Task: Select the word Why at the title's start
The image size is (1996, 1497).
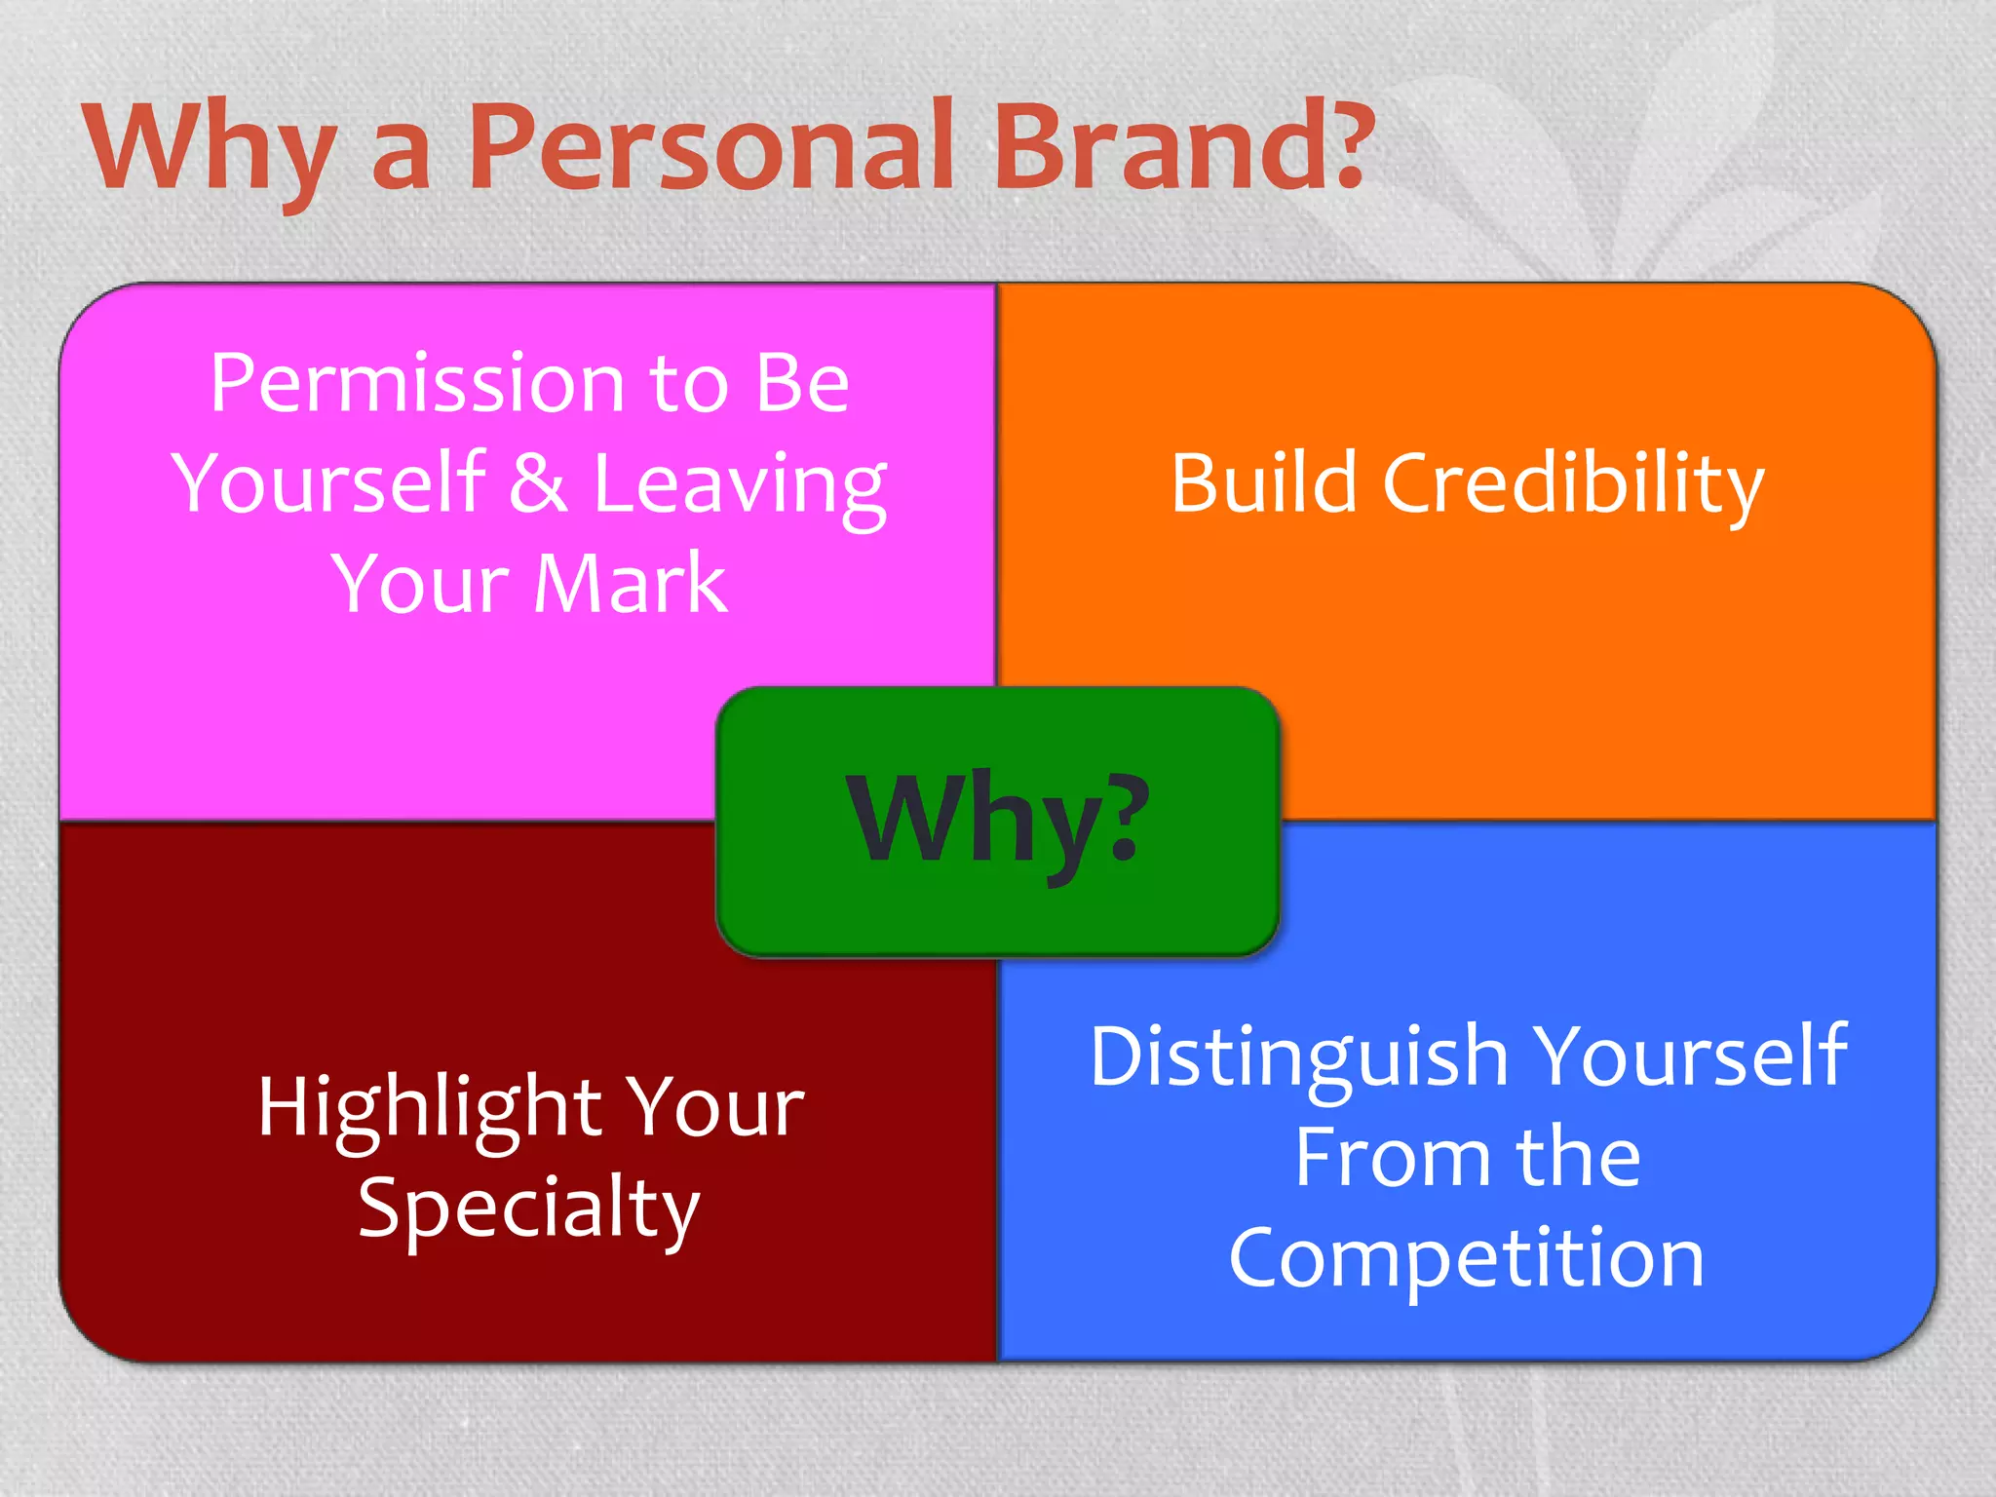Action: tap(210, 151)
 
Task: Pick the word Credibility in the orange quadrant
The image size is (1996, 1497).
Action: tap(1573, 484)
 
